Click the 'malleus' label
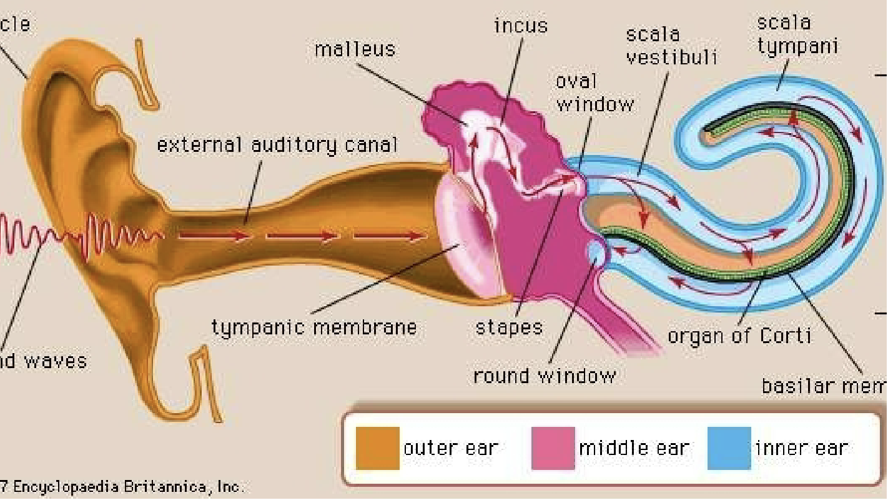tap(355, 49)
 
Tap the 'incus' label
tap(520, 26)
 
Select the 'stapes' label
tap(508, 327)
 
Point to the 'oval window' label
tap(594, 92)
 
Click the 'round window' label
tap(544, 376)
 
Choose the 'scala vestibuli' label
tap(671, 45)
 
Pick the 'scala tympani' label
tap(797, 34)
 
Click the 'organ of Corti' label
tap(739, 336)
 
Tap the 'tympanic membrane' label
tap(314, 327)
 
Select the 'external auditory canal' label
tap(277, 145)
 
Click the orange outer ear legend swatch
tap(377, 448)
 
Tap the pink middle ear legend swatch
tap(553, 448)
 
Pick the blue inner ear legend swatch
tap(729, 448)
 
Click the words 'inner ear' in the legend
tap(802, 448)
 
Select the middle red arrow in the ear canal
tap(302, 236)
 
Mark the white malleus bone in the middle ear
tap(470, 120)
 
